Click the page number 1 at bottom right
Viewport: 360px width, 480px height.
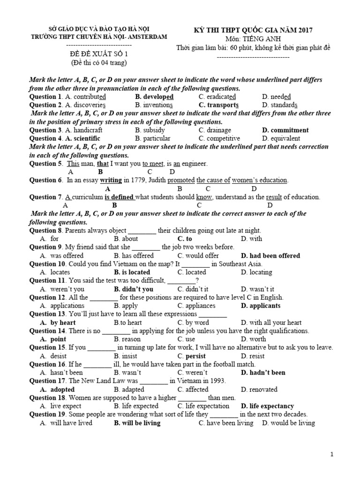click(x=332, y=454)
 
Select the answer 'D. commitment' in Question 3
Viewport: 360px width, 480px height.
click(x=285, y=130)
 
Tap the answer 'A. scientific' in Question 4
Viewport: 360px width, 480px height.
click(x=83, y=139)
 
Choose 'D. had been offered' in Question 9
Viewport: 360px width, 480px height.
click(x=270, y=256)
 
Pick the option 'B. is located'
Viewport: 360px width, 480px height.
click(x=132, y=272)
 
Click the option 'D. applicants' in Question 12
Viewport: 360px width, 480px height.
click(x=261, y=306)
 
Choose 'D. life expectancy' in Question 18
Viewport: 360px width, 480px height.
click(x=267, y=406)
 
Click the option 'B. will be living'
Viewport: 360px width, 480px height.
click(x=137, y=423)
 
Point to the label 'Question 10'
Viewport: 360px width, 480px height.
click(x=46, y=264)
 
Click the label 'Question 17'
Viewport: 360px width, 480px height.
click(x=46, y=381)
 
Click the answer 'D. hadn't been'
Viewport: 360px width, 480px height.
click(x=263, y=373)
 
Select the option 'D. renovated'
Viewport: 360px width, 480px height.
click(x=259, y=390)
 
